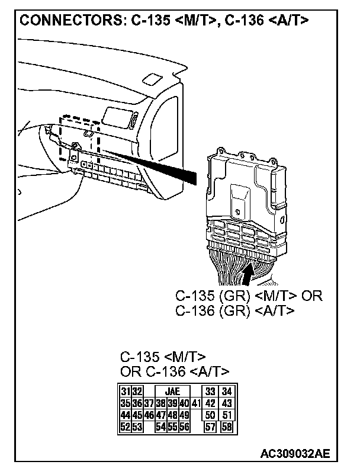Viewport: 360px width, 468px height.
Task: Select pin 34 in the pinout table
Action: pyautogui.click(x=226, y=392)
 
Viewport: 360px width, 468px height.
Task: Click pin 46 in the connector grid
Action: pyautogui.click(x=149, y=415)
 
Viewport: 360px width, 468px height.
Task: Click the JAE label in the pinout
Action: pyautogui.click(x=172, y=392)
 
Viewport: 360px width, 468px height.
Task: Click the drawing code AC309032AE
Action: pyautogui.click(x=294, y=453)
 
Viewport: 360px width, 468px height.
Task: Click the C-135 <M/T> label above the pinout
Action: pyautogui.click(x=163, y=357)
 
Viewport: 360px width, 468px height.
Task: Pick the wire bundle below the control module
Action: pyautogui.click(x=237, y=273)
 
